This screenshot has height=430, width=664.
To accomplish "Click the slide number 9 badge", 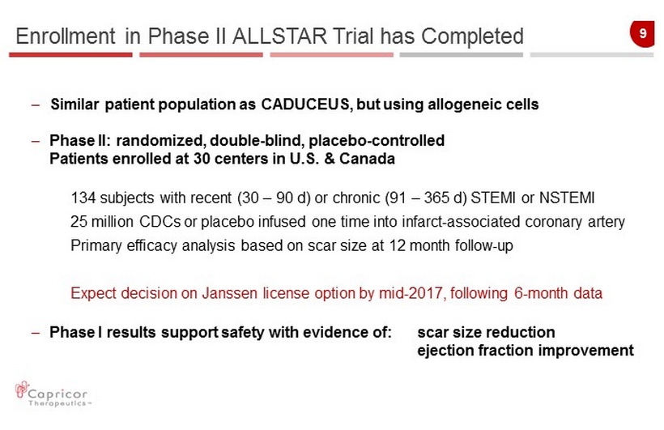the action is click(642, 33).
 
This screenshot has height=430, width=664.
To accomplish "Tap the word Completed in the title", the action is click(472, 37).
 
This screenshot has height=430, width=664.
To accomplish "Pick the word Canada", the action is click(367, 159).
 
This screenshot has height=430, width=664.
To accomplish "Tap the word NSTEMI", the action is click(567, 198).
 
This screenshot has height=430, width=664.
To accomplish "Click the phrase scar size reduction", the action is click(486, 332).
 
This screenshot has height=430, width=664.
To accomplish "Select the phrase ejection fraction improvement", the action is click(525, 351).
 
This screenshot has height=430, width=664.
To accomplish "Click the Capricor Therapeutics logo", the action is click(52, 394).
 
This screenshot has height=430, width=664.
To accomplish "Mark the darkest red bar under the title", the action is click(70, 54).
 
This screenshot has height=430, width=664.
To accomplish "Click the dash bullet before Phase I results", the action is click(36, 333).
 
